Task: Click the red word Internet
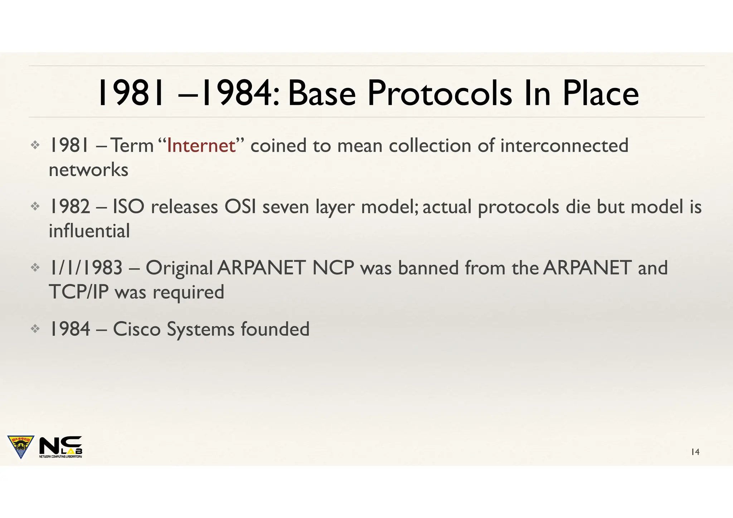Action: coord(201,146)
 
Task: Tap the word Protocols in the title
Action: coord(440,93)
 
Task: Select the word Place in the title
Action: coord(601,93)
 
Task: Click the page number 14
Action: coord(695,452)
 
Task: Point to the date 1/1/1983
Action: coord(86,268)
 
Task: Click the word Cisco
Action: coord(137,329)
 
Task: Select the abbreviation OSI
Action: coord(240,207)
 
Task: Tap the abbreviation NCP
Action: coord(333,268)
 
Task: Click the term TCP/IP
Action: coord(78,292)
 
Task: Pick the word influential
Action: coord(89,231)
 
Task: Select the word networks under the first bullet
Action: coord(88,170)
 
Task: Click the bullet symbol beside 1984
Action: coord(35,329)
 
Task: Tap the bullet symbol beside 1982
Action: coord(35,206)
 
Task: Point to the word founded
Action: coord(275,329)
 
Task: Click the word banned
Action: coord(428,268)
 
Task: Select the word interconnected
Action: coord(564,146)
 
